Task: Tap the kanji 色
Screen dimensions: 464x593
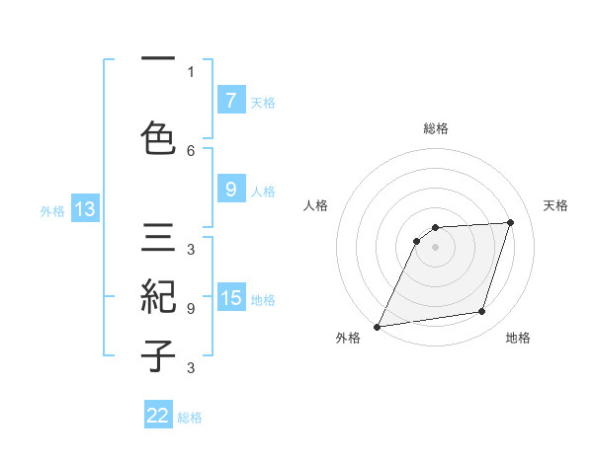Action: coord(158,137)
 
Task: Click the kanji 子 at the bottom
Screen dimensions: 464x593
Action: coord(158,354)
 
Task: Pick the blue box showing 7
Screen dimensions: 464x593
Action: coord(230,100)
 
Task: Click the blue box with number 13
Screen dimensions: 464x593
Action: coord(84,209)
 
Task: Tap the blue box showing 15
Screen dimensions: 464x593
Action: coord(231,298)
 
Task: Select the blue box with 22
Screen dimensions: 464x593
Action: coord(158,416)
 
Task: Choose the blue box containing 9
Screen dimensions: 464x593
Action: coord(230,190)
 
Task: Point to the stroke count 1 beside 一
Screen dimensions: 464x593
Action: coord(191,71)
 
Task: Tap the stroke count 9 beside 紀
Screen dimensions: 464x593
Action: coord(191,308)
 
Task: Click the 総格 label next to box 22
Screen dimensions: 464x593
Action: coord(190,418)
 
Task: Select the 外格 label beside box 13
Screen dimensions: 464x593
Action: coord(52,210)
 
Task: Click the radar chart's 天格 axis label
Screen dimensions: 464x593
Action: coord(556,205)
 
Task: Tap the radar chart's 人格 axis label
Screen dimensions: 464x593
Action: coord(315,205)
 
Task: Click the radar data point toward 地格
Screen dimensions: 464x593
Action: coord(482,312)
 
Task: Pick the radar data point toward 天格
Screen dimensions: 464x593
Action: coord(511,222)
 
